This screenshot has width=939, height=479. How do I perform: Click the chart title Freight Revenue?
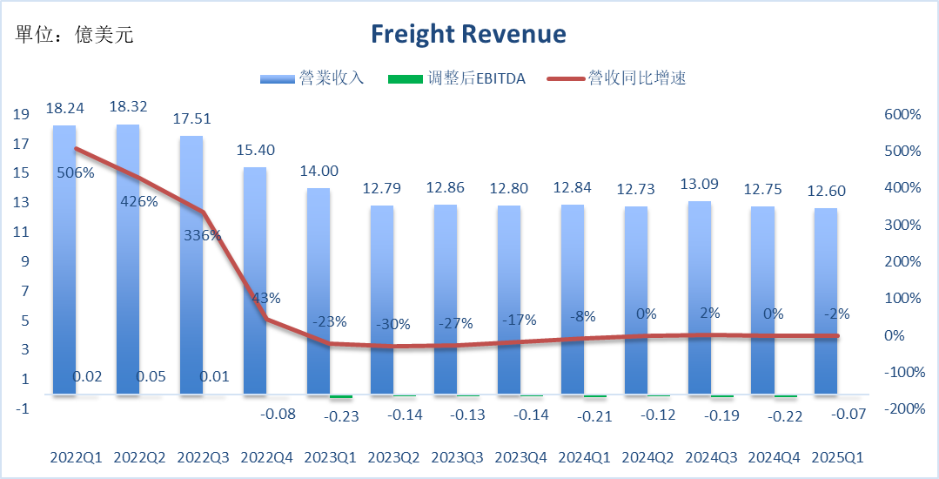click(x=468, y=34)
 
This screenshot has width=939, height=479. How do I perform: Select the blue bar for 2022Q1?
click(x=64, y=261)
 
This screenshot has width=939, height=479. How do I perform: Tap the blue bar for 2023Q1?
click(x=319, y=292)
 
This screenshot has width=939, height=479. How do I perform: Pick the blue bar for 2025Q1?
click(x=826, y=301)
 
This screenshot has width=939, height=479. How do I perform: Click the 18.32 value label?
click(x=129, y=106)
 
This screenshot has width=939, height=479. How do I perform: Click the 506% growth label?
click(x=76, y=172)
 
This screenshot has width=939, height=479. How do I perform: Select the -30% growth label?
click(x=393, y=324)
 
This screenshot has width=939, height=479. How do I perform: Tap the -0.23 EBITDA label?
click(x=341, y=415)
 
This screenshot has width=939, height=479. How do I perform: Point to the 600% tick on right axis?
click(x=902, y=114)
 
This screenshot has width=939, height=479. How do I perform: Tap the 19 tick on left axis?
click(x=22, y=114)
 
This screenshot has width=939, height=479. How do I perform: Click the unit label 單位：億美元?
click(x=75, y=35)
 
